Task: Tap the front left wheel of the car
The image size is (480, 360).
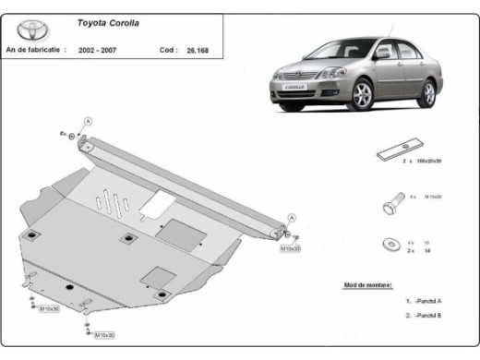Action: (x=363, y=93)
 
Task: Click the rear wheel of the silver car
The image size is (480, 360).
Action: (x=427, y=93)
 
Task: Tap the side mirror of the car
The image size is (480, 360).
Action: (x=382, y=54)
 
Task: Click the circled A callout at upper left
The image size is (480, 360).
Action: (x=88, y=122)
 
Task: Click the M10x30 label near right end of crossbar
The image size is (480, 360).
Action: (x=291, y=248)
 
